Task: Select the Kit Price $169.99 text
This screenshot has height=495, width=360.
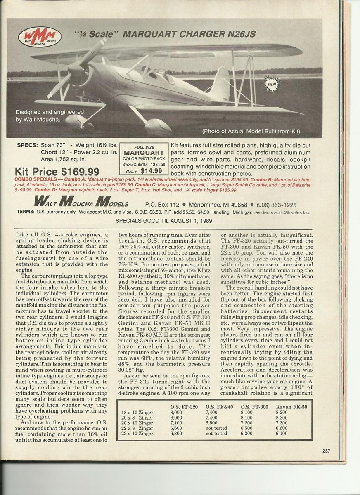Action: point(57,171)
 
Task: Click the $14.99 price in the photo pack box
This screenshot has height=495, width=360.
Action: point(150,171)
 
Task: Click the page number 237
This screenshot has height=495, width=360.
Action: point(327,450)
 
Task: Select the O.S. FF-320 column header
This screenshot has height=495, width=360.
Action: point(184,407)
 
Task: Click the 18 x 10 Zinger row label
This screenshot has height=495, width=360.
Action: point(137,412)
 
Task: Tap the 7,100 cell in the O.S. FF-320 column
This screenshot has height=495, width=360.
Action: point(176,423)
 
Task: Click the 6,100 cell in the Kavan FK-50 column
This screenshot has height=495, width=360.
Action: point(283,434)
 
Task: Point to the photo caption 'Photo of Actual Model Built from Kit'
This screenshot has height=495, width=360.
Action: point(251,132)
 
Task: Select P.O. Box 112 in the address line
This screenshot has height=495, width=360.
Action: point(162,205)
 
